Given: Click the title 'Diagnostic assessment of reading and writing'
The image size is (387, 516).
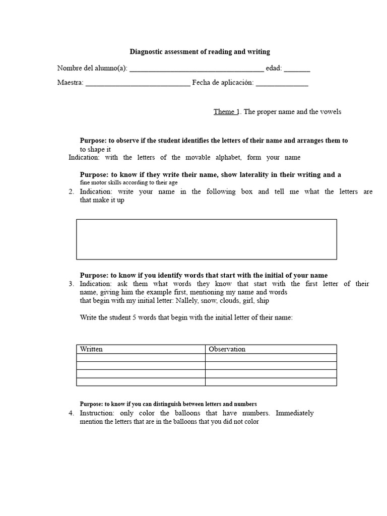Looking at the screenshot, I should pyautogui.click(x=200, y=51).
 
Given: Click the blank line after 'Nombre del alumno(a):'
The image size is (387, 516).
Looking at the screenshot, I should pyautogui.click(x=197, y=69).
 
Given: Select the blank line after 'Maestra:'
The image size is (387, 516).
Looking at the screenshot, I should pyautogui.click(x=138, y=84).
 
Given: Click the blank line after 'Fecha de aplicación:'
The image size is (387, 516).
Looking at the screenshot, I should pyautogui.click(x=282, y=84).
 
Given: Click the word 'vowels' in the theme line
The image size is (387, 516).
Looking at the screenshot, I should pyautogui.click(x=331, y=111).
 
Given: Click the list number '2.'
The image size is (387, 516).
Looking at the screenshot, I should pyautogui.click(x=71, y=191).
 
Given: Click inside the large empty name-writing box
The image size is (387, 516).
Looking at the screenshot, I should pyautogui.click(x=206, y=239).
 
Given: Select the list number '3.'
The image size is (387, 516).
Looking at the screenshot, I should pyautogui.click(x=71, y=284).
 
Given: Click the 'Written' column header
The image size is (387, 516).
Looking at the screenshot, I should pyautogui.click(x=91, y=349).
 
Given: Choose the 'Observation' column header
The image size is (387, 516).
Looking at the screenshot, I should pyautogui.click(x=227, y=349).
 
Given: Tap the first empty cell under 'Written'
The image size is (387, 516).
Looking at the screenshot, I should pyautogui.click(x=141, y=357).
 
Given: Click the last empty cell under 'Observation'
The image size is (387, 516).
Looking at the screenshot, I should pyautogui.click(x=271, y=381).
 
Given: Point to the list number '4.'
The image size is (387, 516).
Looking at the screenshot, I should pyautogui.click(x=71, y=413).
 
